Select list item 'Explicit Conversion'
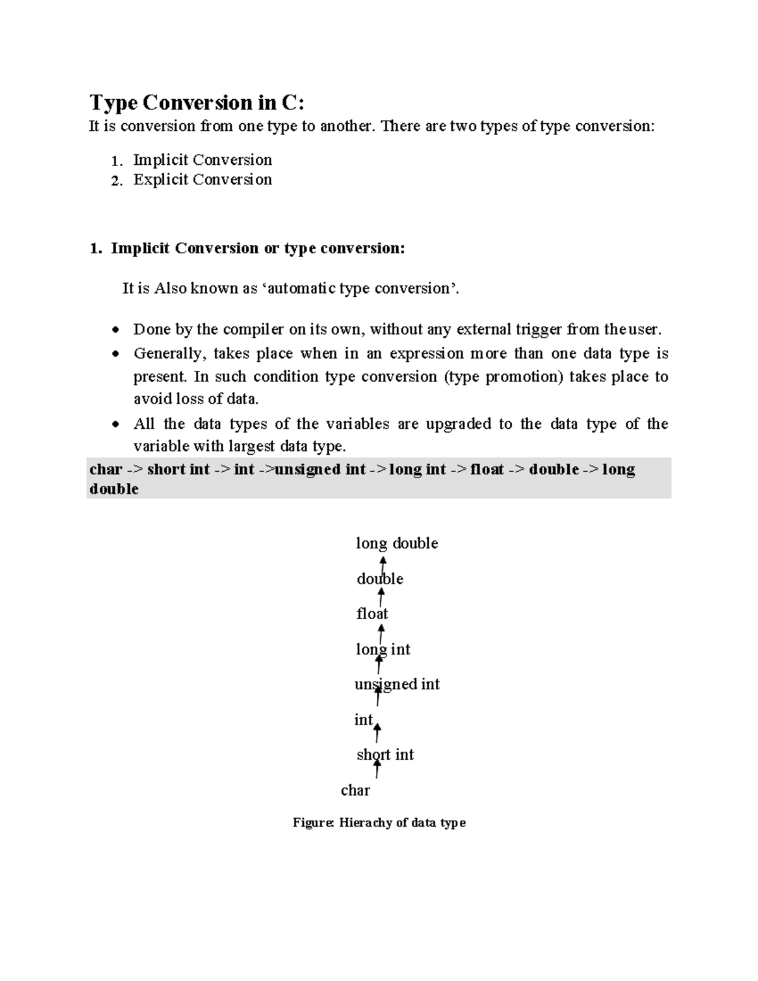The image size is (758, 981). click(x=202, y=180)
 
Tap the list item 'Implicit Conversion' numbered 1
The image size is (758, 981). click(x=202, y=160)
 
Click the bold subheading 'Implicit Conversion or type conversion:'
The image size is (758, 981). click(x=258, y=248)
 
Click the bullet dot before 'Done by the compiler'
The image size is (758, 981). click(x=115, y=330)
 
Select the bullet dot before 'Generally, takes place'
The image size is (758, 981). click(x=115, y=354)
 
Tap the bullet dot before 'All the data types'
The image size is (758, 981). click(x=115, y=424)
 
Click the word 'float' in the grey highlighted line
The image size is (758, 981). click(x=487, y=469)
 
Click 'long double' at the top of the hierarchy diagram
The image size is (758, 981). click(x=397, y=543)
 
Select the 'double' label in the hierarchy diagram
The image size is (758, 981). click(x=380, y=579)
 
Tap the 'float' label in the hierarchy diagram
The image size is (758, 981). click(x=372, y=614)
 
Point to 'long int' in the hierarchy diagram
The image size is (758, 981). click(x=383, y=649)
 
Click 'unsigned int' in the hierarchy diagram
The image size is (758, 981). click(x=397, y=684)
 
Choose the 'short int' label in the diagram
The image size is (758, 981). click(x=385, y=755)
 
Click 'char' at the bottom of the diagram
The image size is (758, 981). click(x=355, y=790)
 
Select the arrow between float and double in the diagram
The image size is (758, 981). click(x=381, y=596)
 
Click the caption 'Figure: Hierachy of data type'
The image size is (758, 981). click(x=379, y=822)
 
